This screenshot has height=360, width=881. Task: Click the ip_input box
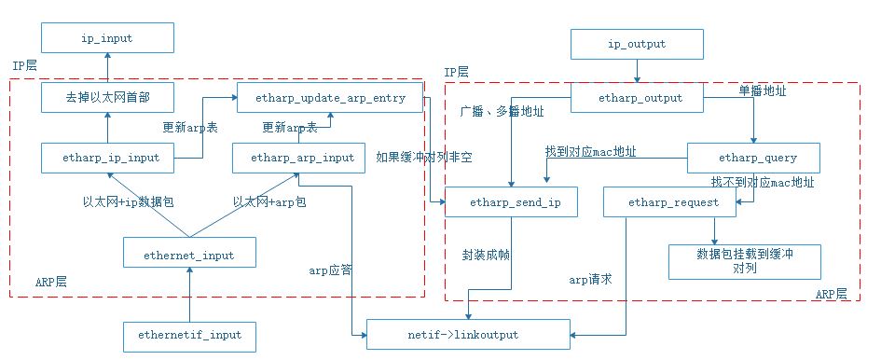(107, 38)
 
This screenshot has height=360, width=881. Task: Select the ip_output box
(637, 43)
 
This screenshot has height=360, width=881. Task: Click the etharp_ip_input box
(107, 158)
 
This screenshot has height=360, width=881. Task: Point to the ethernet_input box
(188, 253)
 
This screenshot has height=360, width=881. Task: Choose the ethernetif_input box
(188, 334)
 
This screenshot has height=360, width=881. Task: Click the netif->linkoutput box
(467, 334)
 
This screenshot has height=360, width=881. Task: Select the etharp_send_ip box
(511, 201)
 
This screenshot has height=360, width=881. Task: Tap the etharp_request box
(660, 201)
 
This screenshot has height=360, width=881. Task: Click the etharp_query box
(753, 158)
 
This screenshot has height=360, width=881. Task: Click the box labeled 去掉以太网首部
(107, 97)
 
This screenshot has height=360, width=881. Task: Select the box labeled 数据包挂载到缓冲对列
(744, 260)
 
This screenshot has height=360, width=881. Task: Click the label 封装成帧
(486, 253)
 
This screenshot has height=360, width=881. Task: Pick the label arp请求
(590, 279)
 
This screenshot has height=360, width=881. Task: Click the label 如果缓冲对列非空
(424, 158)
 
